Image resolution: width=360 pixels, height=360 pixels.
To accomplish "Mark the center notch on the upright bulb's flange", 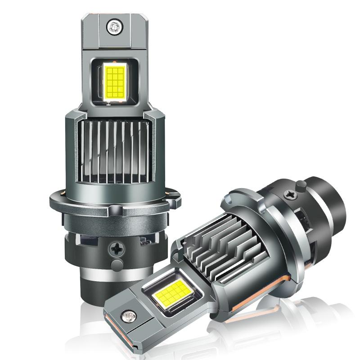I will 116,210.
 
